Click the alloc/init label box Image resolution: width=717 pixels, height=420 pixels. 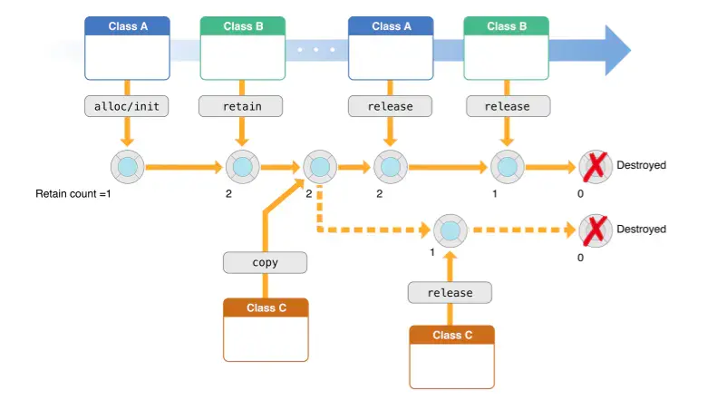click(x=127, y=106)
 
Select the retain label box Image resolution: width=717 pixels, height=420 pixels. click(x=241, y=106)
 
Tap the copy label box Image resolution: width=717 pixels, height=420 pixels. click(x=266, y=263)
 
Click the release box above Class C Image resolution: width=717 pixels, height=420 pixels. click(x=450, y=292)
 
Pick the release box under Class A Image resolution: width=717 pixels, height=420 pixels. click(x=390, y=106)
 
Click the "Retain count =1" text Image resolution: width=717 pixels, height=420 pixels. click(x=73, y=194)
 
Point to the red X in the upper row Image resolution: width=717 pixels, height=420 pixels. click(x=596, y=166)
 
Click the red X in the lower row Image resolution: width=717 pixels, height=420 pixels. click(x=596, y=230)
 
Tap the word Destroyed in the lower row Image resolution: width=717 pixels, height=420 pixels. click(x=641, y=229)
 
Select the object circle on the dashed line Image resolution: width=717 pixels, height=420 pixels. click(x=451, y=230)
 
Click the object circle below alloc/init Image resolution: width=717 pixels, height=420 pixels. click(x=128, y=167)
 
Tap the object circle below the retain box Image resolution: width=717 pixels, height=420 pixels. click(x=242, y=167)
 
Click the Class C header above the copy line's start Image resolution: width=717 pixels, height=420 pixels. click(x=266, y=308)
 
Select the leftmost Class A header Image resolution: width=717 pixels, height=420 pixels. click(x=127, y=26)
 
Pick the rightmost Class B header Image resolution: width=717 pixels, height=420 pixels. click(x=506, y=26)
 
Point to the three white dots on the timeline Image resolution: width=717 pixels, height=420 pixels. click(x=316, y=49)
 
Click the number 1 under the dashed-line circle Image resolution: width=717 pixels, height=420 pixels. click(x=432, y=252)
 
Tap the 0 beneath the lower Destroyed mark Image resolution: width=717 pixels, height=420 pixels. click(x=580, y=258)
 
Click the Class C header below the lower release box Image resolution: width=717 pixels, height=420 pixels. click(x=451, y=335)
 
